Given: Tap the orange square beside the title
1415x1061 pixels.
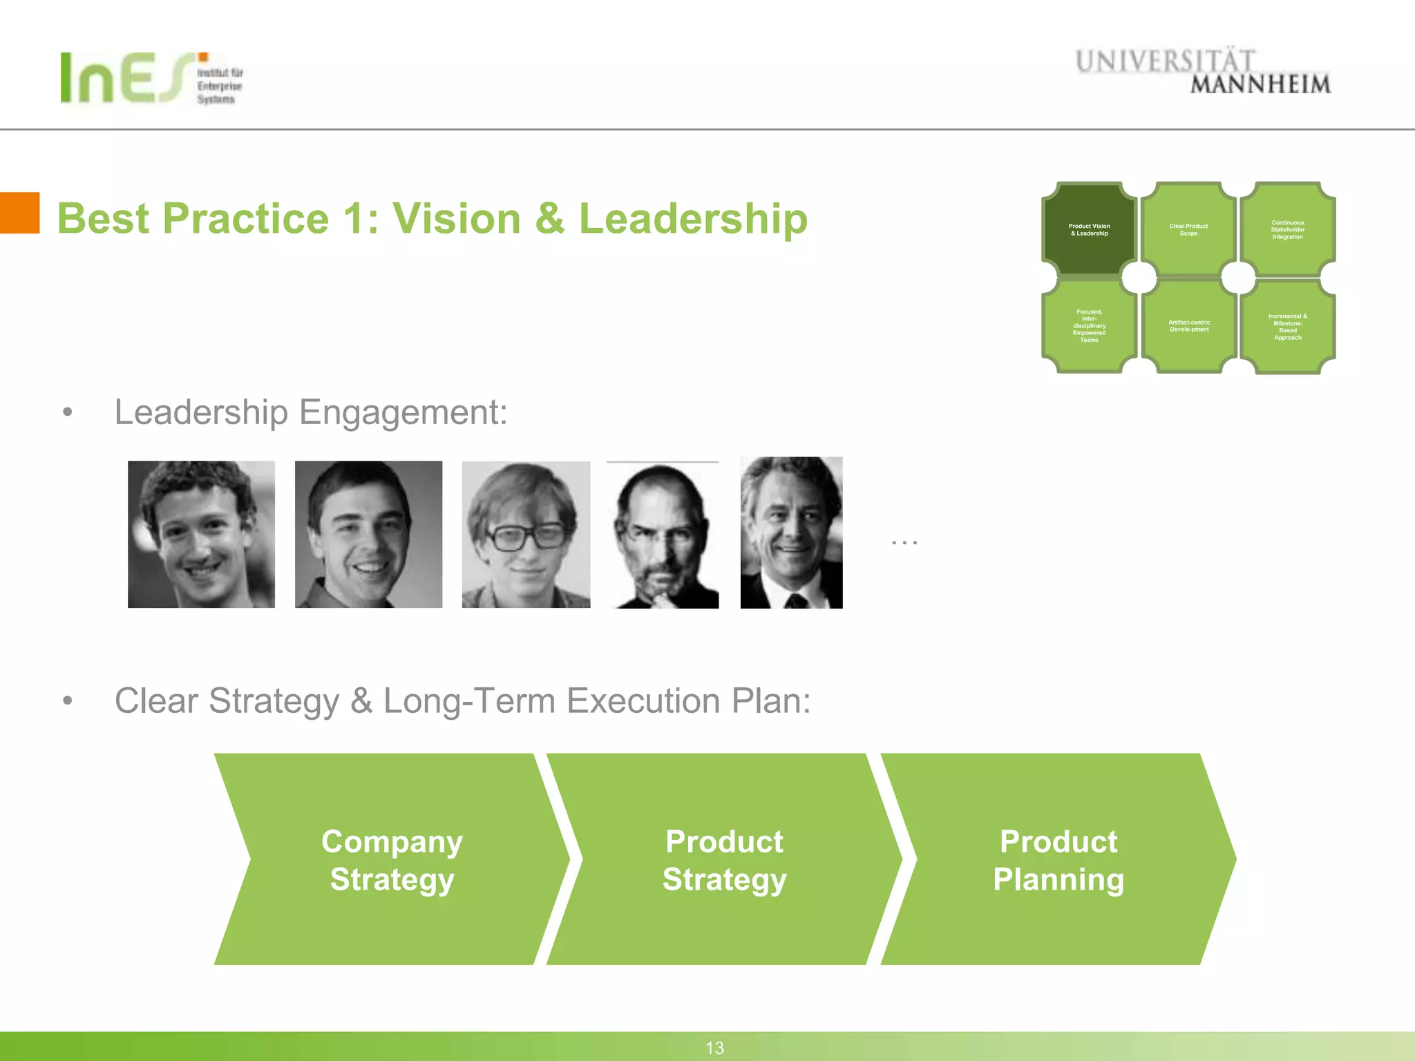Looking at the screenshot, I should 19,213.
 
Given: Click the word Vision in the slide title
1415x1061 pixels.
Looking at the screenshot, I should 457,219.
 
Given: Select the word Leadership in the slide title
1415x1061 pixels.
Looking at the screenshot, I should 693,219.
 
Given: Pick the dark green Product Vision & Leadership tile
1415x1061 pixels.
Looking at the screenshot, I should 1089,230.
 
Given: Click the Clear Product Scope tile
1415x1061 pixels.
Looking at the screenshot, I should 1188,230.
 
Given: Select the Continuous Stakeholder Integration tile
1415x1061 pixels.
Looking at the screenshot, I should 1287,230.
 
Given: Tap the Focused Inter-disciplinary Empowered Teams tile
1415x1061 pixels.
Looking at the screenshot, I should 1089,326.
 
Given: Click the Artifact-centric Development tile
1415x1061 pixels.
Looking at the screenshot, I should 1188,326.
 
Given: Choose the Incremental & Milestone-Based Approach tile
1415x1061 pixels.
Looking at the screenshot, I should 1287,327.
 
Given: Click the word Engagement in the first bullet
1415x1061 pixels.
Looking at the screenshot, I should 403,413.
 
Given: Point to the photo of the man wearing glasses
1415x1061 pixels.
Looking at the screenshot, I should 526,535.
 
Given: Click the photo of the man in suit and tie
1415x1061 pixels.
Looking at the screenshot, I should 791,533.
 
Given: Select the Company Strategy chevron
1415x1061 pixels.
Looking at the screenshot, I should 392,859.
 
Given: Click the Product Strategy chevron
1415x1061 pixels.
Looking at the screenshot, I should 724,859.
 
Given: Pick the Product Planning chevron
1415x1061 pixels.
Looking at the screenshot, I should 1058,859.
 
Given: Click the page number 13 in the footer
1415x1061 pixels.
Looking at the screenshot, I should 714,1048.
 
